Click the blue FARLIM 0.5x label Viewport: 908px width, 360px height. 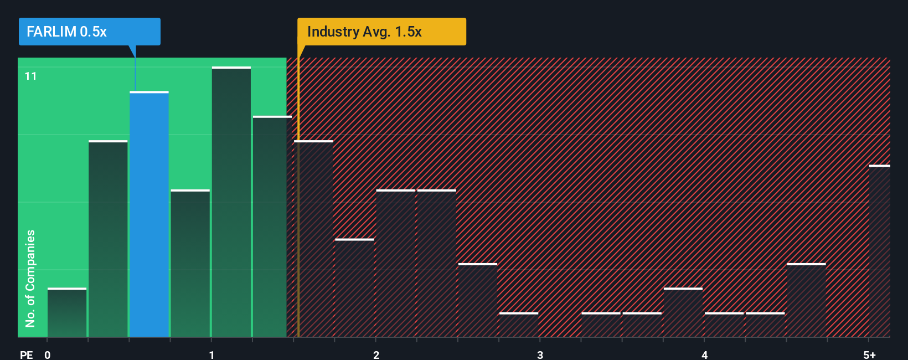pos(89,32)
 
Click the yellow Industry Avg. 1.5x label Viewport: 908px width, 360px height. pos(381,32)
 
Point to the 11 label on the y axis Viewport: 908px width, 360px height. pos(30,76)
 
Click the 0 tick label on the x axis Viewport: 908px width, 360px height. pos(48,354)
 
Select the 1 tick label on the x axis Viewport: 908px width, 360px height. pos(211,354)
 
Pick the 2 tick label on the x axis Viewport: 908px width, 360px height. pos(376,354)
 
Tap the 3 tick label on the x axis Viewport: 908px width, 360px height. pos(540,354)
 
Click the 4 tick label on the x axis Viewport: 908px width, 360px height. pos(704,354)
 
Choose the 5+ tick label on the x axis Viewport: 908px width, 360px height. pos(869,354)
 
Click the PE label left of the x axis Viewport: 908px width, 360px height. pos(26,354)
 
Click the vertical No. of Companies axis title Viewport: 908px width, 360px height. pos(30,278)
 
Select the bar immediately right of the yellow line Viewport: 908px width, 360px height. pos(314,239)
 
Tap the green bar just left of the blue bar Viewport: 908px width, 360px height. pos(108,239)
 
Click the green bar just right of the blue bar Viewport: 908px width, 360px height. pos(190,263)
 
